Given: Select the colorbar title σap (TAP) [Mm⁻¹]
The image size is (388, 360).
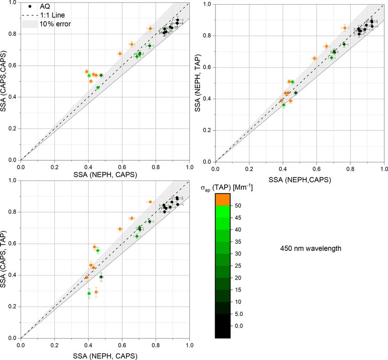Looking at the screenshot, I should (226, 187).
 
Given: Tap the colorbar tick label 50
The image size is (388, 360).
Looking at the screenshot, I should (237, 206).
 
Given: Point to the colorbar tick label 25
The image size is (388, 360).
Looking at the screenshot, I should (237, 266).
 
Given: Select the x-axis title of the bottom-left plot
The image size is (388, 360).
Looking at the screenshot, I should (105, 356).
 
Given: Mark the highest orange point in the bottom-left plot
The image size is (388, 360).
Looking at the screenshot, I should (150, 202).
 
